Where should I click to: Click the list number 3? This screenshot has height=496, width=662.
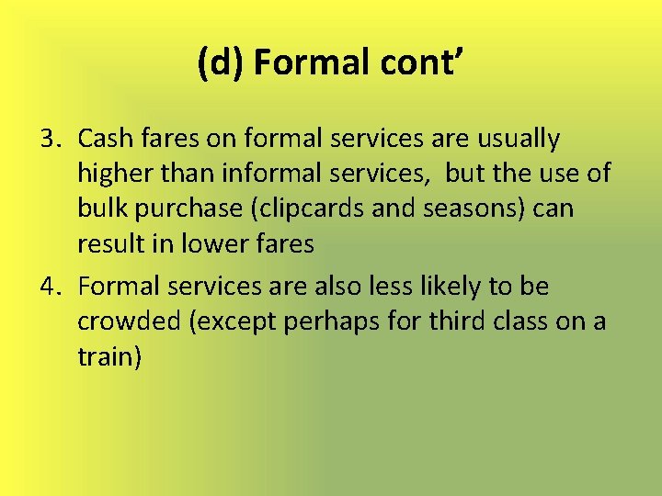pyautogui.click(x=50, y=139)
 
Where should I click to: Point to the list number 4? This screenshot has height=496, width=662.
pyautogui.click(x=50, y=287)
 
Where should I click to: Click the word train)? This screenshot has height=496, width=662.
pyautogui.click(x=109, y=357)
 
